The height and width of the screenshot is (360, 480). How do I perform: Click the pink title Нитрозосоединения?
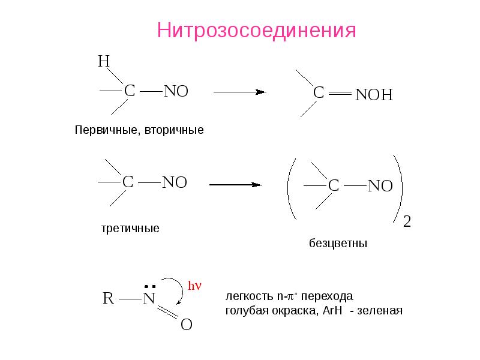[x=257, y=31]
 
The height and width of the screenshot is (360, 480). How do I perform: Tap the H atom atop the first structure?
[x=104, y=61]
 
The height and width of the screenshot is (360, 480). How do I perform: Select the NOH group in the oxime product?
[x=374, y=95]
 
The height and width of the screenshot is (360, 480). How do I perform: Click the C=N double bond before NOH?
[x=340, y=93]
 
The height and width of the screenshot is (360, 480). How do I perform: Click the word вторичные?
[x=174, y=130]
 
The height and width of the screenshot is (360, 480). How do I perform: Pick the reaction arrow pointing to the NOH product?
[x=239, y=92]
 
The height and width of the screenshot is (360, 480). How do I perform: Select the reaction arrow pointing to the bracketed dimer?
[x=235, y=185]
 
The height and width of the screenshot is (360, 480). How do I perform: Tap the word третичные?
[x=130, y=229]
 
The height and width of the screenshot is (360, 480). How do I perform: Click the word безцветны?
[x=338, y=244]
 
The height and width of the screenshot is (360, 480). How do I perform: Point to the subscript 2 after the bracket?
[x=407, y=221]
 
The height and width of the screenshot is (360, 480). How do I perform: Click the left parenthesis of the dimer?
[x=292, y=189]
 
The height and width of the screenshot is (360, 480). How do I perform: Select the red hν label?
[x=194, y=286]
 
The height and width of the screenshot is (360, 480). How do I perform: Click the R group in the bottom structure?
[x=109, y=298]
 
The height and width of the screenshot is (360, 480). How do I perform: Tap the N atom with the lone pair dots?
[x=149, y=298]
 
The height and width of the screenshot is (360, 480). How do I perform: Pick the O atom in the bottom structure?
[x=187, y=325]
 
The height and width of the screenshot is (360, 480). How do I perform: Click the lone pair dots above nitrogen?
[x=150, y=287]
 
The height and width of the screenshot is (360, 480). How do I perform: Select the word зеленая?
[x=380, y=311]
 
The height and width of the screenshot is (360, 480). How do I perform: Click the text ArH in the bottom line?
[x=332, y=310]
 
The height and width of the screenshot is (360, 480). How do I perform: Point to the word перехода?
[x=327, y=296]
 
